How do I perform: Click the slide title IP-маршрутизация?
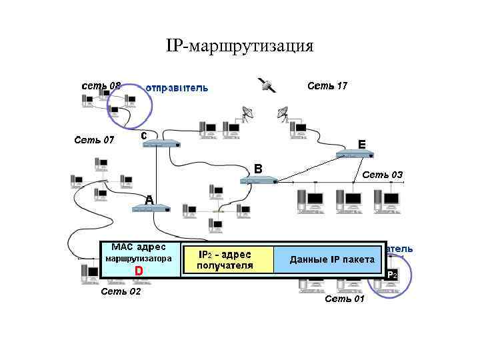[x=239, y=46]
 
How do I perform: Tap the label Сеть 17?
[x=327, y=85]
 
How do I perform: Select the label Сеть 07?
[x=94, y=140]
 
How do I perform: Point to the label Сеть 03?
[x=382, y=175]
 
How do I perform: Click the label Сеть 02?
[x=121, y=291]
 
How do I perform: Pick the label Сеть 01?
[x=345, y=299]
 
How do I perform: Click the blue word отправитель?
[x=177, y=87]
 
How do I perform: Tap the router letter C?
[x=143, y=135]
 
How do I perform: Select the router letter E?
[x=361, y=143]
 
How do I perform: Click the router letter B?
[x=259, y=169]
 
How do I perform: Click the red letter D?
[x=139, y=271]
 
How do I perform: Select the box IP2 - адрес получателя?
[x=226, y=260]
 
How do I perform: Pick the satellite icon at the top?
[x=267, y=85]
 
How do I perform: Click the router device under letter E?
[x=353, y=155]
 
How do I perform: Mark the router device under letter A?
[x=151, y=209]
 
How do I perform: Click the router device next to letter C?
[x=162, y=143]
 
